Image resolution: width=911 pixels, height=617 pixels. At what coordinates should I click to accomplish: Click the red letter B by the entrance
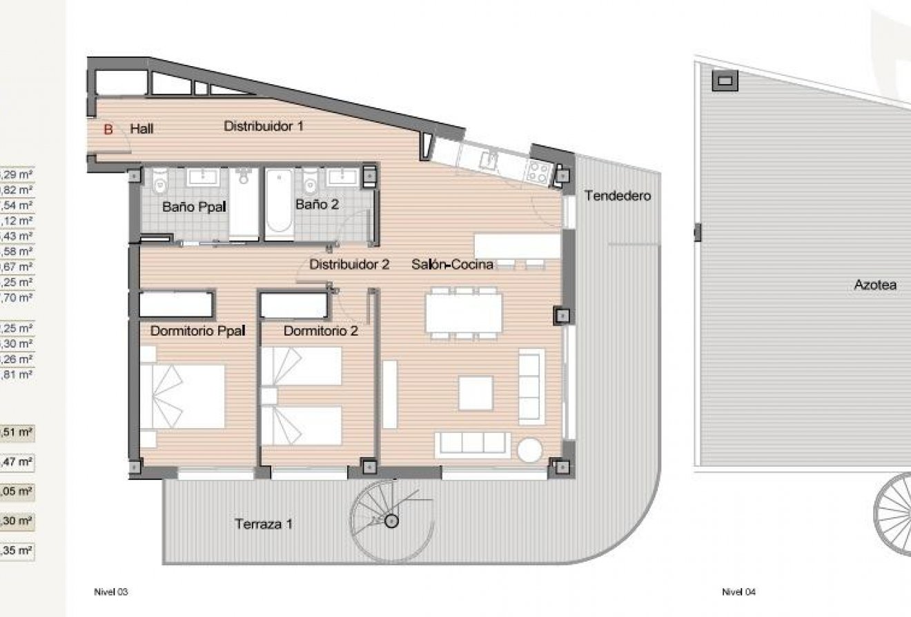point(108,128)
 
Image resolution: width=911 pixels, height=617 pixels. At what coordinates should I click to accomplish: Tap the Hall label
point(141,128)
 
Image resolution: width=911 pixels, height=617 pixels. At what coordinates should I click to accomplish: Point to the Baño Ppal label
point(195,206)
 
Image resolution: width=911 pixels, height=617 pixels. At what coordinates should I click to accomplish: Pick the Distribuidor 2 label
point(349,263)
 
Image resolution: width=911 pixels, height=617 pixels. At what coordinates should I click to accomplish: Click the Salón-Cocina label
point(452,263)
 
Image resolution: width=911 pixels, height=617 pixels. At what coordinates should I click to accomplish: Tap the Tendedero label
point(618,196)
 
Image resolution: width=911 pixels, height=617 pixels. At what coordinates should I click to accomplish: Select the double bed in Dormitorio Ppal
point(183,397)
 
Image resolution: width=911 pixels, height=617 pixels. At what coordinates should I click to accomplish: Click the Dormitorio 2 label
point(320,331)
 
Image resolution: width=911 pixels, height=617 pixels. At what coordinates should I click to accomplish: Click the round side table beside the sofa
point(531,450)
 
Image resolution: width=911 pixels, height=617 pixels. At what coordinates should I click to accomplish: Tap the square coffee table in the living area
point(476,393)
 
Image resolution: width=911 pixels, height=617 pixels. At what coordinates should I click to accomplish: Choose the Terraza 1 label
point(264,524)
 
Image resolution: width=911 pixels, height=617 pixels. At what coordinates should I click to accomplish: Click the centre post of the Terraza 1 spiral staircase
point(392,521)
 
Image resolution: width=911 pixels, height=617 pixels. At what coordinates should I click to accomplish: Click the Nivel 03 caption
point(111,591)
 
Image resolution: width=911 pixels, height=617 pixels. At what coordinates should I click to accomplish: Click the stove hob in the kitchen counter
point(538,172)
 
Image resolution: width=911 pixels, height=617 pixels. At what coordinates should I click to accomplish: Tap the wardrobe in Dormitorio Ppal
point(177,304)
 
